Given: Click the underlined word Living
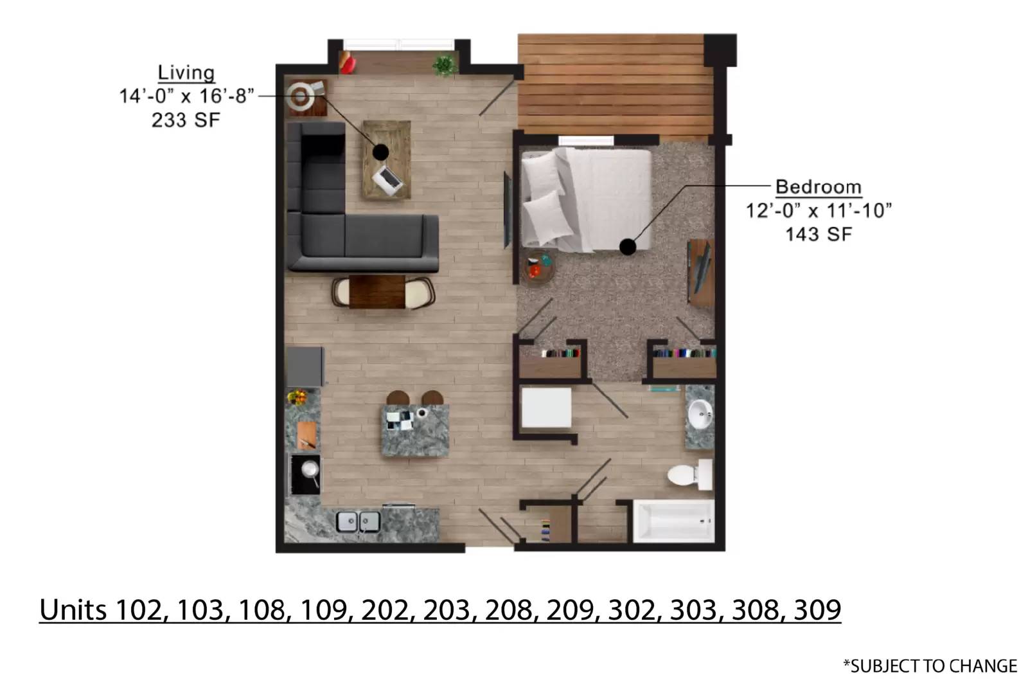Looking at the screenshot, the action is [x=186, y=73].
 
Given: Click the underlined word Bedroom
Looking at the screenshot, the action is [x=819, y=187].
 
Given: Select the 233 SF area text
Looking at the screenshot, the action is [x=186, y=120].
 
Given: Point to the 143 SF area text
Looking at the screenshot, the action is [x=819, y=235].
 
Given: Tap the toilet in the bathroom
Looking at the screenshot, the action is [x=690, y=474].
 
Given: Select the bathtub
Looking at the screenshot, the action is [x=673, y=521].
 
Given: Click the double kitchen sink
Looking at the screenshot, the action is [x=358, y=522].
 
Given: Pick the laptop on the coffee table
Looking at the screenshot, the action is [x=387, y=181].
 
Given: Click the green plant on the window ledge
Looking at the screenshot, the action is [x=444, y=66].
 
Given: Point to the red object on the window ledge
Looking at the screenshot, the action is [x=348, y=64].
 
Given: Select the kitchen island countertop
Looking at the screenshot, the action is [x=415, y=430].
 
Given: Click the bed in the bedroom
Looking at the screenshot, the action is [x=586, y=200].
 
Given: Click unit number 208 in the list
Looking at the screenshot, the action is [x=508, y=609].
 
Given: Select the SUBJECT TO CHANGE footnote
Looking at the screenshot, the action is [x=930, y=666].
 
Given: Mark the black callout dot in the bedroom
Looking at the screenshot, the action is [x=627, y=247].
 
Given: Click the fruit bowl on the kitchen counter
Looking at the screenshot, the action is [x=297, y=397].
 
